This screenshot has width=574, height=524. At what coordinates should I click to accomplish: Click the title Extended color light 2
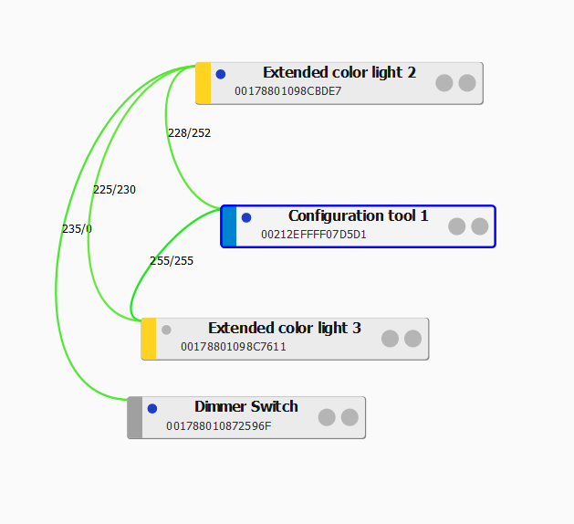tap(339, 73)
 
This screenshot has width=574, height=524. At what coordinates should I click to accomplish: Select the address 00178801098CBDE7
tap(287, 91)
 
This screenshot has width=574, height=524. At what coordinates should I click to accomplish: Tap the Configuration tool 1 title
tap(358, 216)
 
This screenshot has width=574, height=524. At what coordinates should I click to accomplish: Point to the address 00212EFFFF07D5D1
tap(313, 235)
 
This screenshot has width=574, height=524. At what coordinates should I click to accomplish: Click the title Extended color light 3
tap(284, 329)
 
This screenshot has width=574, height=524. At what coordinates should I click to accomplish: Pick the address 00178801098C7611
tap(233, 347)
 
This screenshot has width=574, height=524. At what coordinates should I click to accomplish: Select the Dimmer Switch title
tap(245, 407)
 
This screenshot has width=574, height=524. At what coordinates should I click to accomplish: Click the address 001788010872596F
tap(218, 425)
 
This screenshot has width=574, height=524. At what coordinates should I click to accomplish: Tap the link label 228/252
tap(189, 133)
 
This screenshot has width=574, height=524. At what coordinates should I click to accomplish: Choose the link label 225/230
tap(114, 190)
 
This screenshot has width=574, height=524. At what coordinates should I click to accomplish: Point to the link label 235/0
tap(77, 229)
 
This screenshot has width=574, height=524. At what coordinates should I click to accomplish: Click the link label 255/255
tap(172, 261)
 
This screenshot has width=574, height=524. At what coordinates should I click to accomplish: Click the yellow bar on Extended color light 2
tap(204, 83)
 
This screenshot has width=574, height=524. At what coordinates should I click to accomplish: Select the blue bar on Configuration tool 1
tap(229, 226)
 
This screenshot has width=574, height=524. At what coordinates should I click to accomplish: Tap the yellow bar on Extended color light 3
tap(149, 339)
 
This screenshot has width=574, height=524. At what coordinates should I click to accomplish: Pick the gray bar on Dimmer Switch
tap(135, 417)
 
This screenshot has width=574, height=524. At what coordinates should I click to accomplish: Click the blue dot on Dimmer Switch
tap(152, 408)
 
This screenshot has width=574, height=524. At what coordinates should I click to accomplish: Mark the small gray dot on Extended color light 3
tap(166, 330)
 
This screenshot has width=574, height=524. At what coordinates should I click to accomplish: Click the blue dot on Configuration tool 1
tap(246, 217)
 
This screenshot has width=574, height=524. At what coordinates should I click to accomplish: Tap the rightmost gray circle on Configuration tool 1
tap(480, 226)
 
